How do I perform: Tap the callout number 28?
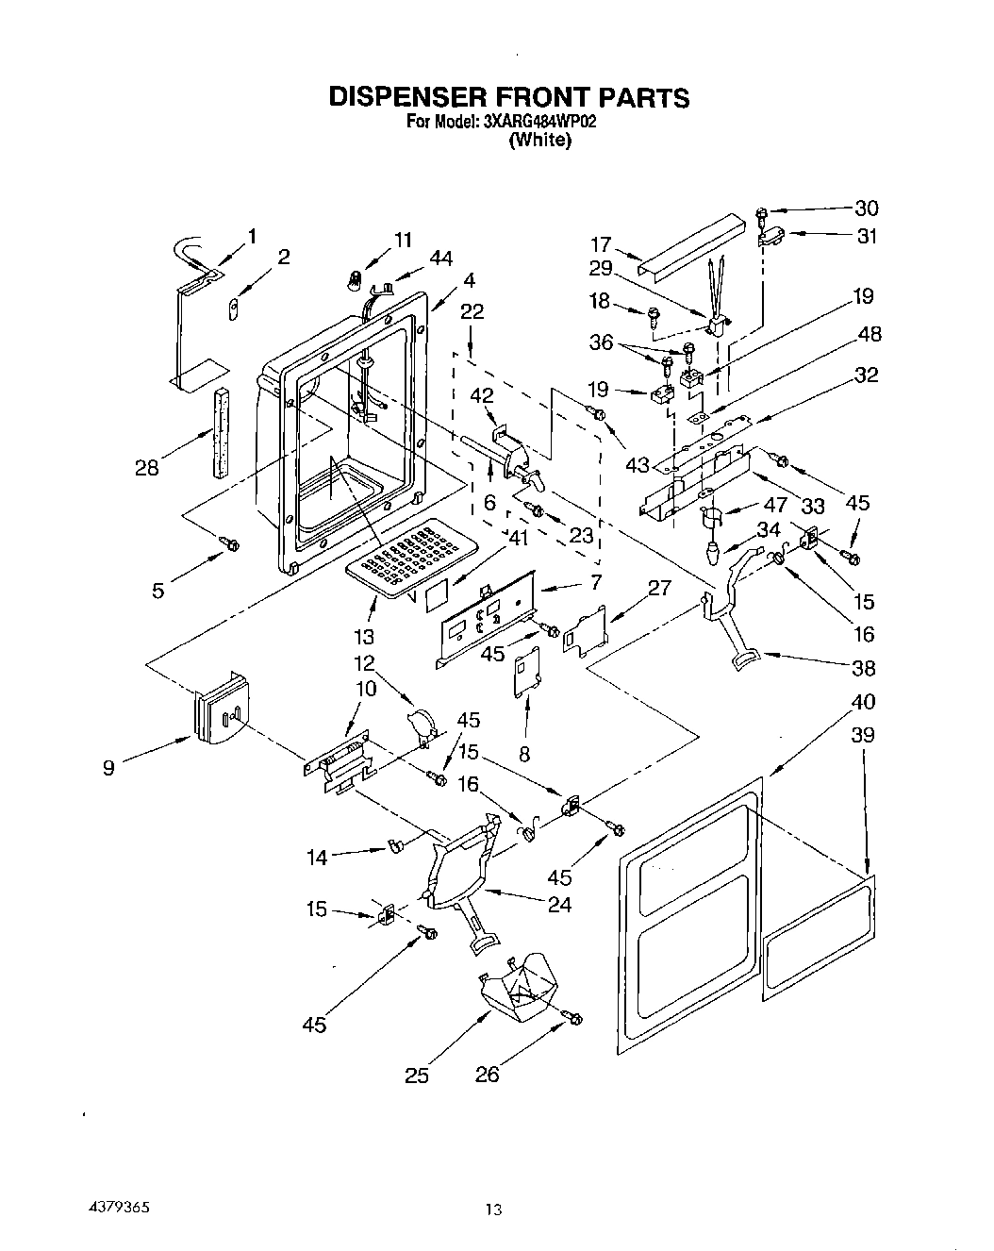(146, 467)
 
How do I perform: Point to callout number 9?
(110, 769)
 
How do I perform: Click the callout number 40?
(863, 702)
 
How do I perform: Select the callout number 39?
(863, 735)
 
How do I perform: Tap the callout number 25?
(417, 1075)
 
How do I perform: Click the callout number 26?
(488, 1075)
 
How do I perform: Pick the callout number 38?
(863, 668)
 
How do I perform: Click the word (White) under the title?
(539, 142)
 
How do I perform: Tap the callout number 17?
(602, 243)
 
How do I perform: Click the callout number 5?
(158, 592)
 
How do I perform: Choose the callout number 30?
(867, 208)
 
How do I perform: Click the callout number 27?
(659, 589)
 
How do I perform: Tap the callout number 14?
(317, 858)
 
